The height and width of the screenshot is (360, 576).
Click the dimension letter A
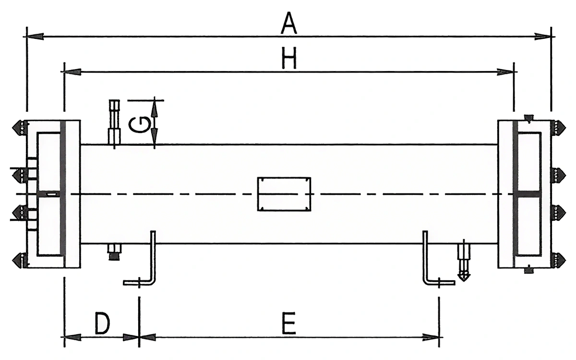point(288,23)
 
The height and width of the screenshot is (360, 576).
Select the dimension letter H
point(289,60)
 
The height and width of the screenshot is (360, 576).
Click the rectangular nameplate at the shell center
point(284,194)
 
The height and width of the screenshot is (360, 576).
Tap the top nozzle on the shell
point(114,122)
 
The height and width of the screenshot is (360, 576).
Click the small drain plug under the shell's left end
point(114,252)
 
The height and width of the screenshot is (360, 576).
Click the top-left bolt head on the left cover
point(17,127)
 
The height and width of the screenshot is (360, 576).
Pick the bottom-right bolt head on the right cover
point(558,260)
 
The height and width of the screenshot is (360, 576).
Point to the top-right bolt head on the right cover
point(558,127)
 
